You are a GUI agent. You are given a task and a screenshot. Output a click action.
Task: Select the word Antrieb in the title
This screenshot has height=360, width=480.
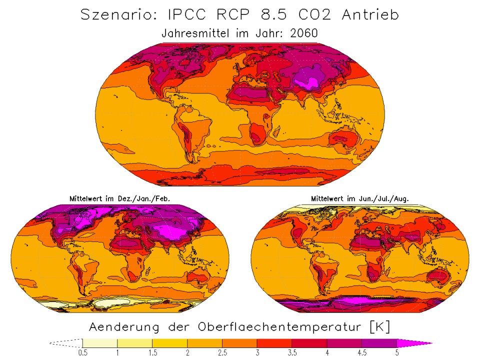pyautogui.click(x=370, y=15)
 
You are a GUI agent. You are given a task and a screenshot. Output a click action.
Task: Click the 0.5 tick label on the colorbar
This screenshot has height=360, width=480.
pyautogui.click(x=82, y=353)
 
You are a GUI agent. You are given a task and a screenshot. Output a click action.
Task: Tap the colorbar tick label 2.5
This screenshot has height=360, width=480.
pyautogui.click(x=222, y=353)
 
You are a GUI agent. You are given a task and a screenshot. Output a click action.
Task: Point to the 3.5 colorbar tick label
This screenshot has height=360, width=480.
pyautogui.click(x=292, y=353)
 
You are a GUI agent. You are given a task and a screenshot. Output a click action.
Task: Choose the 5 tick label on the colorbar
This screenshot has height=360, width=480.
pyautogui.click(x=397, y=353)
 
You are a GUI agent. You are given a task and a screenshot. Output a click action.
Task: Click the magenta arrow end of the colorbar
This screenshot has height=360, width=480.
pyautogui.click(x=412, y=343)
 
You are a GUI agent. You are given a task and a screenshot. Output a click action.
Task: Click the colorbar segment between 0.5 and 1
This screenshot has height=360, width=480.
pyautogui.click(x=100, y=343)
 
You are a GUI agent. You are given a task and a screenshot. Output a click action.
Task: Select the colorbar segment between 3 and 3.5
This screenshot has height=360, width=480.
pyautogui.click(x=274, y=343)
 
